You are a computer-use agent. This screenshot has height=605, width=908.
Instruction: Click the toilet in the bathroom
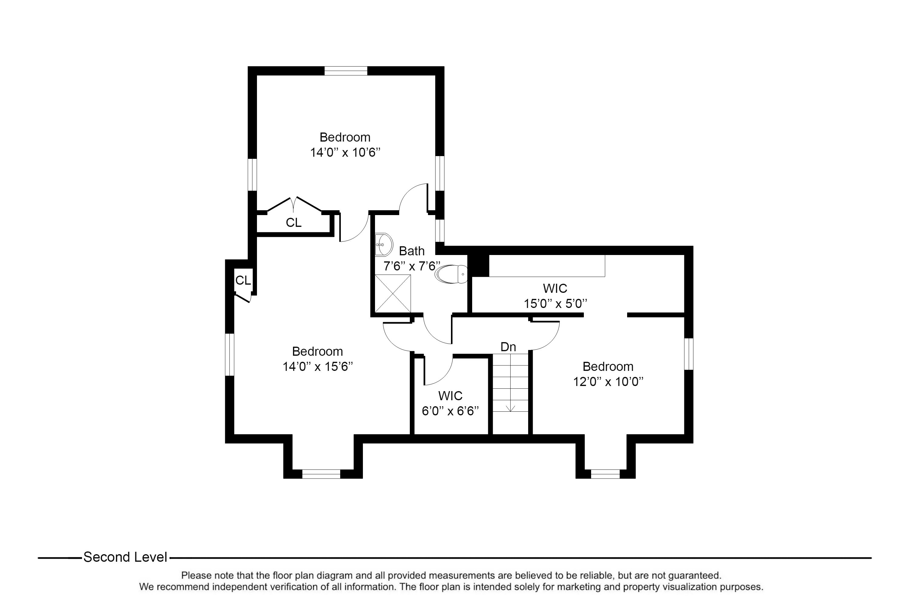[x=451, y=274]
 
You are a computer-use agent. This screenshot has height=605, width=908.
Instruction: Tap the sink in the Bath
[x=383, y=245]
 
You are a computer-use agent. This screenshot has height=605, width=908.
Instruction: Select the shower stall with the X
[x=393, y=294]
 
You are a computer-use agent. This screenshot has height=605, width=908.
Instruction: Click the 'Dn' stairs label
[x=508, y=347]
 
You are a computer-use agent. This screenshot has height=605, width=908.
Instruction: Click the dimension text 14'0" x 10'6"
[x=345, y=152]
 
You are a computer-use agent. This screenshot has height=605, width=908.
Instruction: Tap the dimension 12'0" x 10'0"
[x=608, y=381]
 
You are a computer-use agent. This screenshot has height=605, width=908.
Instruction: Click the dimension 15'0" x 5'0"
[x=555, y=304]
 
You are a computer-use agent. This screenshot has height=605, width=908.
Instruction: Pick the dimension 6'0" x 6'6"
[x=450, y=411]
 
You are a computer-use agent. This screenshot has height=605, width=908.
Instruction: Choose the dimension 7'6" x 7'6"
[x=412, y=266]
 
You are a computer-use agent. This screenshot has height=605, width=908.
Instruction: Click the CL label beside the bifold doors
[x=293, y=223]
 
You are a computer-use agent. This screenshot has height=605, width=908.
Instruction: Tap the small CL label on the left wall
[x=243, y=280]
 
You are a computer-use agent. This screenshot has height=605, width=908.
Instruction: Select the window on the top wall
[x=346, y=71]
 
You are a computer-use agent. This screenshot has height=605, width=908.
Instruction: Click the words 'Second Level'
[x=126, y=557]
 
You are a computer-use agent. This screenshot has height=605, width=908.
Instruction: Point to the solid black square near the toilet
[x=478, y=266]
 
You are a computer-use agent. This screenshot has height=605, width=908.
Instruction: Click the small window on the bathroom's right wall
[x=440, y=231]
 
